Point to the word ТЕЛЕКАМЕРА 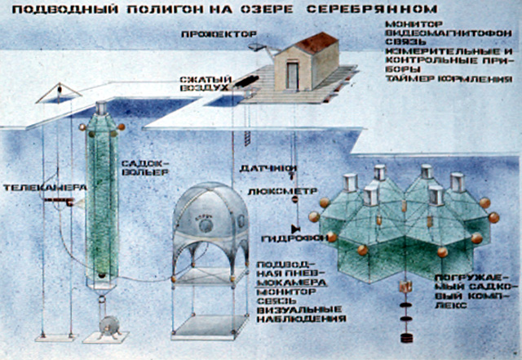[x=33, y=188]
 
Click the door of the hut [x=292, y=76]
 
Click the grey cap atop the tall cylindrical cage [x=102, y=109]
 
